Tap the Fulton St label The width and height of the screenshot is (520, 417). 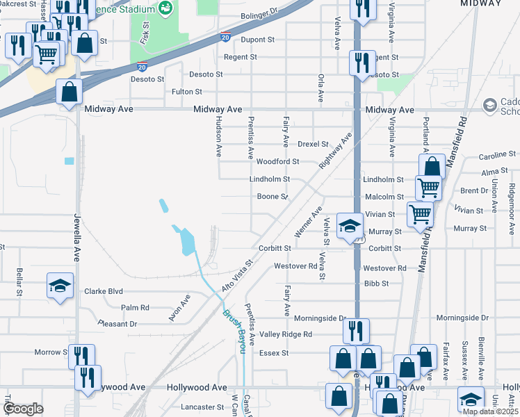click(x=187, y=92)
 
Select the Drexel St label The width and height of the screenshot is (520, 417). click(x=313, y=144)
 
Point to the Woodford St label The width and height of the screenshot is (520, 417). click(x=277, y=161)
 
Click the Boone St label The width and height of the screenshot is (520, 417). click(x=273, y=197)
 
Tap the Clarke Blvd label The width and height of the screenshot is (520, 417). click(x=104, y=292)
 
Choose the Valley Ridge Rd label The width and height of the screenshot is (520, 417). click(x=286, y=334)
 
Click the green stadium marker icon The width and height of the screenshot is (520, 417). click(x=166, y=8)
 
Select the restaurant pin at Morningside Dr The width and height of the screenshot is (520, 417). click(x=357, y=330)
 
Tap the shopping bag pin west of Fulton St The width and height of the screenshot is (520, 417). click(x=70, y=91)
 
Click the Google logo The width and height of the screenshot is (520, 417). click(x=23, y=409)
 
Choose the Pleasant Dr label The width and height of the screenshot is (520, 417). click(x=117, y=324)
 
